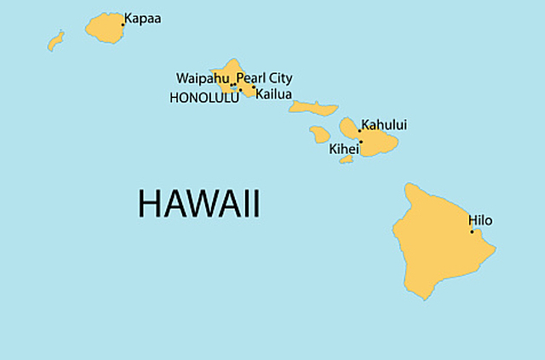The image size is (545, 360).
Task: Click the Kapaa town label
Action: click(x=142, y=17)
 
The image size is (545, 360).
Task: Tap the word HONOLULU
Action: click(x=204, y=98)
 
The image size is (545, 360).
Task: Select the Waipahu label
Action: click(x=203, y=78)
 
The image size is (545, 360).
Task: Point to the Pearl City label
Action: click(x=264, y=78)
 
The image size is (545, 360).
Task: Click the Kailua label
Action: click(x=275, y=94)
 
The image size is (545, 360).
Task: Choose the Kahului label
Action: click(x=384, y=125)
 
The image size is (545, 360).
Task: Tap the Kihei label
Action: click(x=344, y=148)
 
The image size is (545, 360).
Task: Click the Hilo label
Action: click(x=480, y=220)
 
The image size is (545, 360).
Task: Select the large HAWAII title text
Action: click(x=198, y=204)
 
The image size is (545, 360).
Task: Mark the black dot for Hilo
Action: click(x=472, y=231)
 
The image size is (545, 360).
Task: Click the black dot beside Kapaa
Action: click(x=123, y=24)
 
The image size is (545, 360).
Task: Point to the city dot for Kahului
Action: click(x=359, y=131)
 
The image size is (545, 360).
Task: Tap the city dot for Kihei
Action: click(x=360, y=141)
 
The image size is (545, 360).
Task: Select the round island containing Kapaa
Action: click(x=104, y=29)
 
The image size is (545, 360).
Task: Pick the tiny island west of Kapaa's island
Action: click(x=56, y=40)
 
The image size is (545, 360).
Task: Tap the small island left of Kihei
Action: click(x=319, y=134)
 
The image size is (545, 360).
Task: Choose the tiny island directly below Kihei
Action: click(x=346, y=158)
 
